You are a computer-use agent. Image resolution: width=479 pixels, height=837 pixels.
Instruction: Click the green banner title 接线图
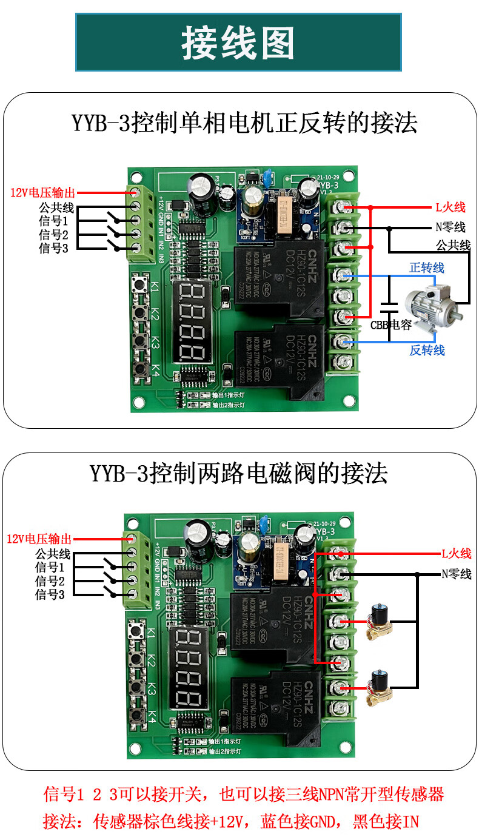point(238,43)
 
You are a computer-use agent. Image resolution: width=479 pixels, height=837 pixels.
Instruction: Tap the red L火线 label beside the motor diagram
point(450,207)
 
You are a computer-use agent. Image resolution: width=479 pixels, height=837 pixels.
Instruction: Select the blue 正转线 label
point(427,267)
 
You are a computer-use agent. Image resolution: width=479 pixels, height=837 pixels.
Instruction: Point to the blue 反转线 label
point(427,350)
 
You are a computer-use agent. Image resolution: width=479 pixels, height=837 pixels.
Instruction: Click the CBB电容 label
point(391,325)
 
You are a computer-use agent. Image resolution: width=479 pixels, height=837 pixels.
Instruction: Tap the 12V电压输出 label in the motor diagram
point(42,193)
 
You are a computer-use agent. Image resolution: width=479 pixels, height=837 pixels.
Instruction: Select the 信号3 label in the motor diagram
point(53,248)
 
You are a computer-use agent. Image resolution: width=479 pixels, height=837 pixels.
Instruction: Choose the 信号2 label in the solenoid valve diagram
point(50,581)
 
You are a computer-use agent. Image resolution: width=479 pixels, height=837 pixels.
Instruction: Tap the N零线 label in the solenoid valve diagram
point(456,574)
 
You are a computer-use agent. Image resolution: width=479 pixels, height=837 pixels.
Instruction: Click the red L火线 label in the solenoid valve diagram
point(456,553)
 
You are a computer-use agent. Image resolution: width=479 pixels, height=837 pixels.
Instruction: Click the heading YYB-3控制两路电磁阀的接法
point(239,472)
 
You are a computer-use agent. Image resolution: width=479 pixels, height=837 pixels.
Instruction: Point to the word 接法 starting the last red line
point(58,822)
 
